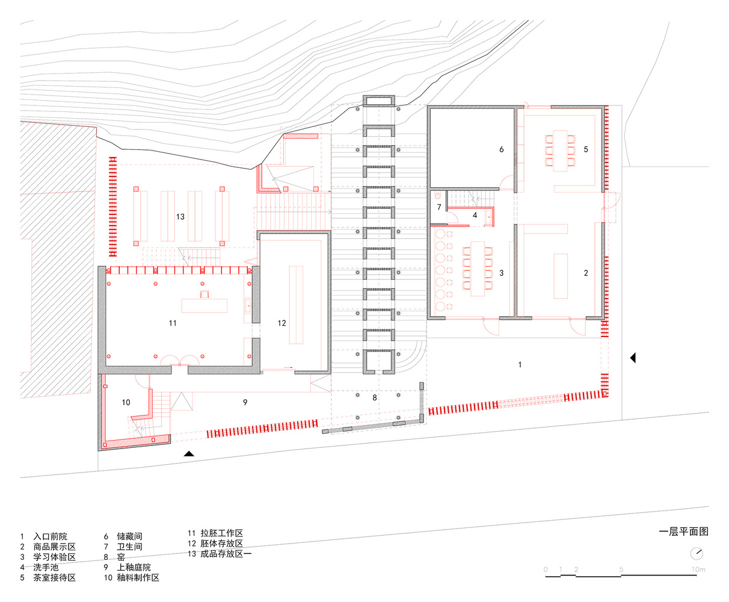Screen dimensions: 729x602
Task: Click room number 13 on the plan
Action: pos(180,217)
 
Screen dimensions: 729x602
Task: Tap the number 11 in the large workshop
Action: pos(173,323)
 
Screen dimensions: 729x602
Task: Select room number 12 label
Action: pos(281,323)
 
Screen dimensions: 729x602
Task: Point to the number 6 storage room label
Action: pos(502,149)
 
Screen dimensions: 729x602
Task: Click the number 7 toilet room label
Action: pos(439,207)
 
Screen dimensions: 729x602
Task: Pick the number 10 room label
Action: pos(126,403)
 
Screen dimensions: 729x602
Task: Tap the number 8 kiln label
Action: pos(375,397)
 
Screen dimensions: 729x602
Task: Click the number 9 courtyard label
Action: pos(245,403)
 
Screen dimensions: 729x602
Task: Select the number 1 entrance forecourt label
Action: pos(520,365)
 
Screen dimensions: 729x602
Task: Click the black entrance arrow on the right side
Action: pos(633,358)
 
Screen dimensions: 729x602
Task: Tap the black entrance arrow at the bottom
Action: pos(189,454)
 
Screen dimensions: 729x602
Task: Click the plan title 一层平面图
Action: pos(684,532)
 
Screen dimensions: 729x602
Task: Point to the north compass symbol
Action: pos(697,553)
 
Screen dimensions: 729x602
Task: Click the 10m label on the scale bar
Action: pos(698,569)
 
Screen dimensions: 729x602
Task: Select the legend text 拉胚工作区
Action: pos(222,533)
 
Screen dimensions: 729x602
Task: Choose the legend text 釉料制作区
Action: pos(138,577)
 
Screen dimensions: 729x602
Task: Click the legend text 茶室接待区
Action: pos(55,577)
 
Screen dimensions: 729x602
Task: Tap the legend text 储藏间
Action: pos(129,536)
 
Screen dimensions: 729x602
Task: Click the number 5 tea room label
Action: pos(586,149)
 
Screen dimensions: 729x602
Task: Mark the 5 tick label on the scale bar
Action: pos(621,569)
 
